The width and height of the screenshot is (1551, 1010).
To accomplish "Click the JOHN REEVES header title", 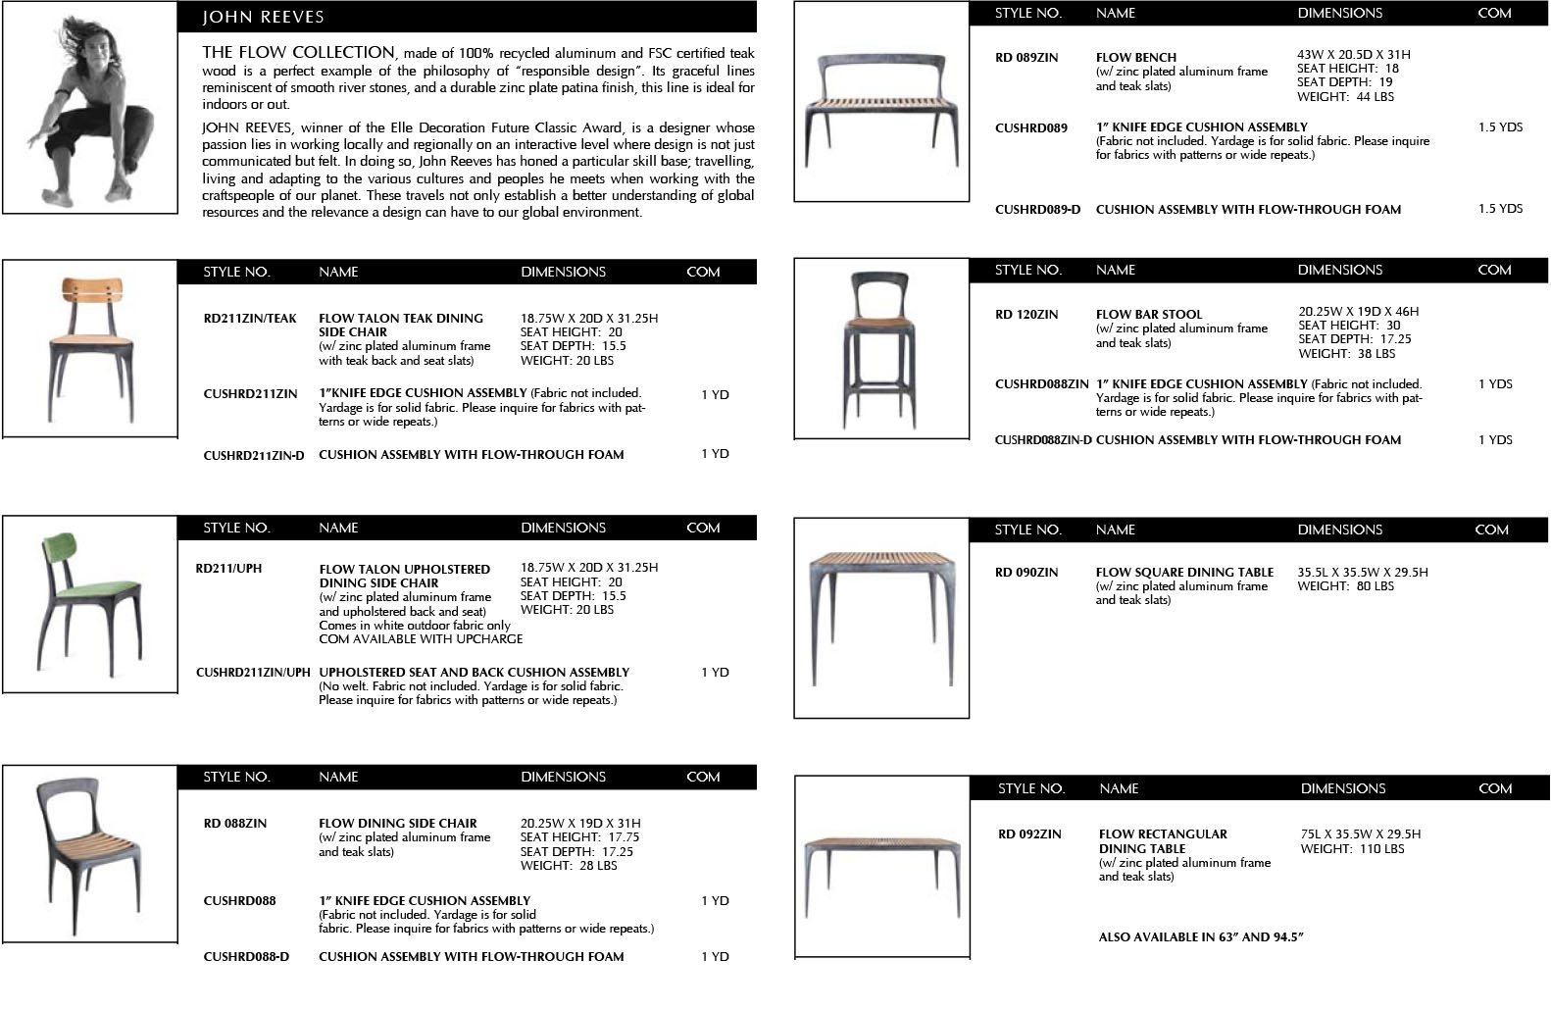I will coord(263,17).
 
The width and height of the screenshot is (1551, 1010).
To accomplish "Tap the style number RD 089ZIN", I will coord(1026,58).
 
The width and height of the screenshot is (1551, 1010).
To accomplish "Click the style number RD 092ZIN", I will coord(1029,834).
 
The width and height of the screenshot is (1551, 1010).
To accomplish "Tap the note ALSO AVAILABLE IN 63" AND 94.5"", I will coord(1201,936).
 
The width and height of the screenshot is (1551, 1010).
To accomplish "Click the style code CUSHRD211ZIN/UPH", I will coord(253,673).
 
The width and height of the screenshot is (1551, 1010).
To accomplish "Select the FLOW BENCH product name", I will coord(1135,58).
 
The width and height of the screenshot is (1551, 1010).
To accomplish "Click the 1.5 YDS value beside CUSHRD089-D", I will coord(1500,209).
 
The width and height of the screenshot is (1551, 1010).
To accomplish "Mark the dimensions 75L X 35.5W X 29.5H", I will coord(1360,834).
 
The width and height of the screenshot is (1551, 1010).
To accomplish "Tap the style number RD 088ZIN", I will coord(235,824).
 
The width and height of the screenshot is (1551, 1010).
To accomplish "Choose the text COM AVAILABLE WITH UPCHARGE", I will coord(421,639).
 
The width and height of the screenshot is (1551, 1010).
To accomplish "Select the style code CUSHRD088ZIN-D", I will coord(1042,440).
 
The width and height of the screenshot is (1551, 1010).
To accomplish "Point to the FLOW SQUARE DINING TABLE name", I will coord(1184,573).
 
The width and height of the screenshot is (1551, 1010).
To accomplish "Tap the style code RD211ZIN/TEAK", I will coord(250,319).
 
